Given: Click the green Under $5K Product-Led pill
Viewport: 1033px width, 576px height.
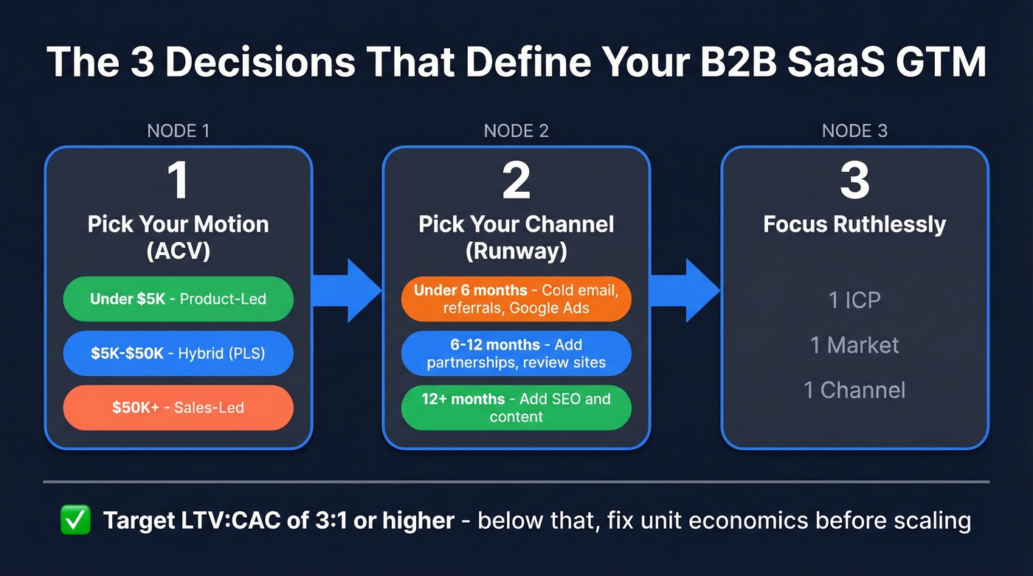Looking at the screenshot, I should (x=178, y=299).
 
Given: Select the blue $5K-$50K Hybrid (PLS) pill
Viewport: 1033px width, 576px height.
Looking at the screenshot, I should (x=178, y=353).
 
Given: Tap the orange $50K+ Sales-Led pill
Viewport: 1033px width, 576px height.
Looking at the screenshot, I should (x=178, y=407).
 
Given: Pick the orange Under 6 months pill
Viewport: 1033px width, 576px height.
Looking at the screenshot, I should (x=516, y=299).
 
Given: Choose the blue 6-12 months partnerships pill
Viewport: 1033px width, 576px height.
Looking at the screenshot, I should (x=516, y=353).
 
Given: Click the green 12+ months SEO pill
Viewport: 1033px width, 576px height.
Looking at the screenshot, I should (x=516, y=407).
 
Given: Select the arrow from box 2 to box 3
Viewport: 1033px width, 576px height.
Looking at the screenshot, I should (x=684, y=291).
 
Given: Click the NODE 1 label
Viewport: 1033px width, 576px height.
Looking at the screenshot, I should (x=179, y=131).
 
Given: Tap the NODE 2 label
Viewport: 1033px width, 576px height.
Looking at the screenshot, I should (x=516, y=131).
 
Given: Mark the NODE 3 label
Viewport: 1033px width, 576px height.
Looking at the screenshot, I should (x=854, y=131).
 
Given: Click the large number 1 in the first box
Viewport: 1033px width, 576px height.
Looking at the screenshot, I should (x=178, y=181).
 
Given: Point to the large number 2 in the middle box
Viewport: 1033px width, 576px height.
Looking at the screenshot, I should (x=516, y=181).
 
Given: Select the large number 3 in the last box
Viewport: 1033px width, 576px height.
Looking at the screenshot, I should (x=854, y=181).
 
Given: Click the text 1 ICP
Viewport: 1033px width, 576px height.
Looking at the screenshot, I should (x=854, y=300).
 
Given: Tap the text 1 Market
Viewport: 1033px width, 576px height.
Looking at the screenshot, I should (x=854, y=345).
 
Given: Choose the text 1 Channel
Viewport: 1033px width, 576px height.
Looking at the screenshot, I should (x=854, y=390).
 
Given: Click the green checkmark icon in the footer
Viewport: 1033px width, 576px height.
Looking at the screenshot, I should (x=75, y=521).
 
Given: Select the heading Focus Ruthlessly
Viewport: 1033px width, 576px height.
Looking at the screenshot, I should (x=854, y=224).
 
